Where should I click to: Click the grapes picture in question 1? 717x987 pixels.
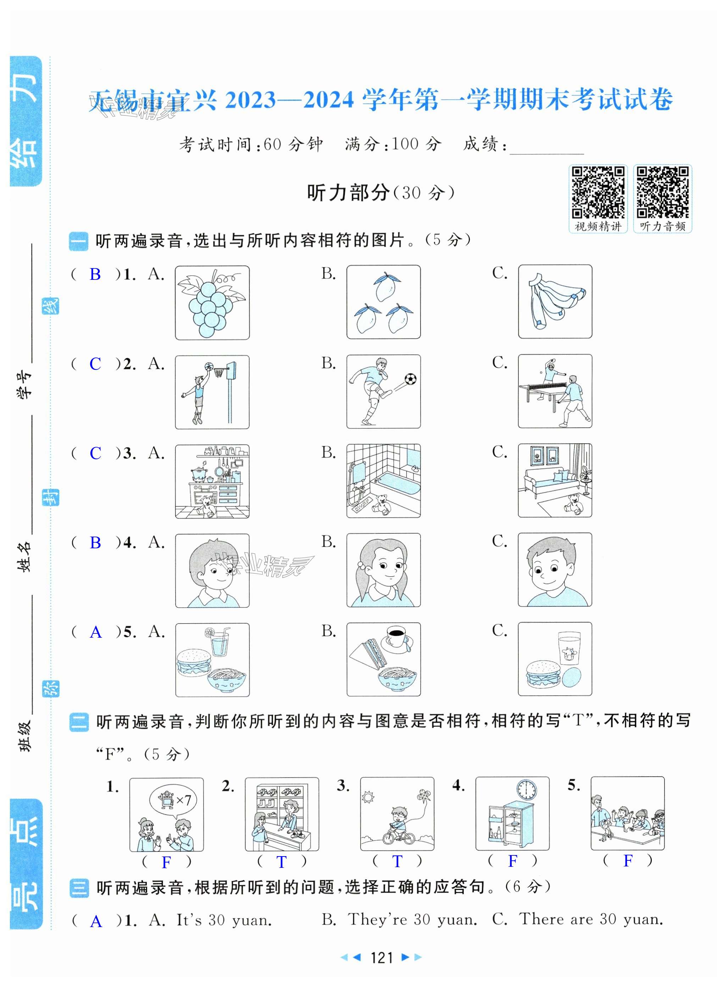click(x=212, y=303)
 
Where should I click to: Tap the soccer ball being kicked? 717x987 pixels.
click(x=410, y=379)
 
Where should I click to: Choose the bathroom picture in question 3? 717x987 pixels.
click(x=383, y=481)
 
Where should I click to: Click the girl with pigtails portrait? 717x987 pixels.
click(x=383, y=570)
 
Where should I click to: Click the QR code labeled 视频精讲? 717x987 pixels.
click(x=598, y=192)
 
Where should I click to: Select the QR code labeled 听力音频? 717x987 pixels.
click(x=663, y=192)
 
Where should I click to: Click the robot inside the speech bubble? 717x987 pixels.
click(x=166, y=800)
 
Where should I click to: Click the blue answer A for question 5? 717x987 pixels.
click(x=96, y=632)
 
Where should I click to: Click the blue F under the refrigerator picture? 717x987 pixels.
click(x=513, y=860)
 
